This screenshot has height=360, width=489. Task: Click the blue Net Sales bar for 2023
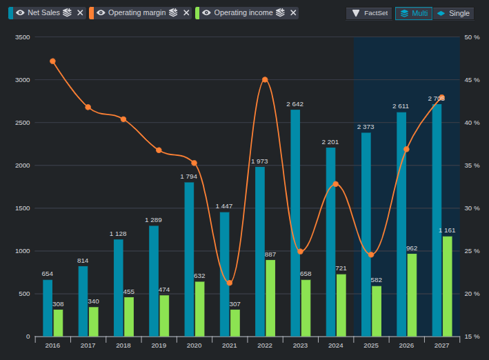point(295,223)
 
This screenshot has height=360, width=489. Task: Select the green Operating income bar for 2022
point(270,298)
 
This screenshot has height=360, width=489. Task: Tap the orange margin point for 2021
point(230,283)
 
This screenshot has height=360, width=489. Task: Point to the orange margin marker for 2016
point(52,61)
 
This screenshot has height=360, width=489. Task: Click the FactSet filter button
point(369,13)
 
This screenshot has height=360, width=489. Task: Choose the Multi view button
point(414,13)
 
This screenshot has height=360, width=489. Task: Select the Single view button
point(453,13)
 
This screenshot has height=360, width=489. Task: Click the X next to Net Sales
point(80,13)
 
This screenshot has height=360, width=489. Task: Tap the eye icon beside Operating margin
point(101,13)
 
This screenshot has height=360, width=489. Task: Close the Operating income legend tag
point(293,13)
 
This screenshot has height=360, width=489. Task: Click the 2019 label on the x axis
point(159,346)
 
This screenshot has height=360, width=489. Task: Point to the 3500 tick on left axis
point(23,37)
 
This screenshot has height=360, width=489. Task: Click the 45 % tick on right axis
point(472,80)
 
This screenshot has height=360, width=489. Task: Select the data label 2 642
point(295,104)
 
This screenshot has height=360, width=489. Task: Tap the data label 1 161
point(447,230)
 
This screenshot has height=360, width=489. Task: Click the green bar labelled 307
point(235,323)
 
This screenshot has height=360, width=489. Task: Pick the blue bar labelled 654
point(48,308)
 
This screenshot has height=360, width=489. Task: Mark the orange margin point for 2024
point(336,184)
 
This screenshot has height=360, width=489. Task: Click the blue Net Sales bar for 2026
point(401,224)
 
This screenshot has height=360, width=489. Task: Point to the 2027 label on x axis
point(441,346)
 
